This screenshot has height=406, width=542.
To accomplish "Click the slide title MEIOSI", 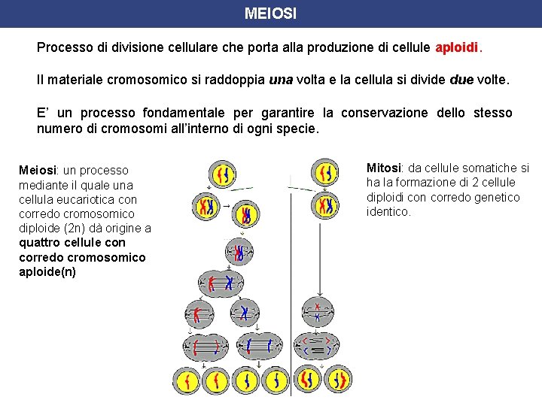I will click(270, 14).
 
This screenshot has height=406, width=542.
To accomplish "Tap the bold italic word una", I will click(281, 80).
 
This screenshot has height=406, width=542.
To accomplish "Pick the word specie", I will click(298, 129).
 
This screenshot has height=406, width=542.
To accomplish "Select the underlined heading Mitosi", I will click(383, 168).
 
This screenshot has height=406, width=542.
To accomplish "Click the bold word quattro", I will click(41, 242).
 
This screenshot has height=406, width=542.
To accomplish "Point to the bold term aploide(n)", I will click(47, 271).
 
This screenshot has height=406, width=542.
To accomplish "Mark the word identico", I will click(388, 212).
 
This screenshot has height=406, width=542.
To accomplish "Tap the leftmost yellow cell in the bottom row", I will click(186, 380).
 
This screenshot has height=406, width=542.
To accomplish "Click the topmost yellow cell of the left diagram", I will click(222, 174).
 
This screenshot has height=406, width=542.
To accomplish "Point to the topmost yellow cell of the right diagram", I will click(324, 172).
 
